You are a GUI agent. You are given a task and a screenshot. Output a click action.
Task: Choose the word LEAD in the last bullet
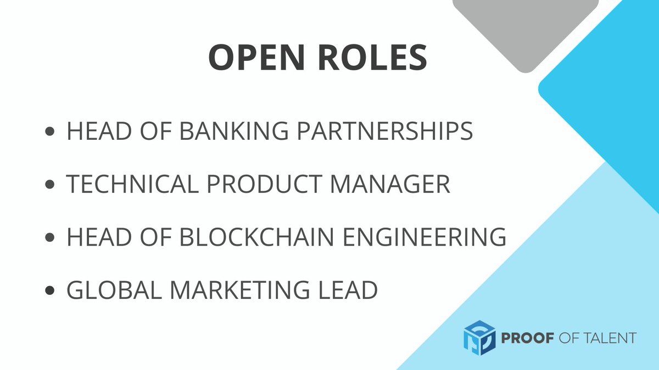pos(348,289)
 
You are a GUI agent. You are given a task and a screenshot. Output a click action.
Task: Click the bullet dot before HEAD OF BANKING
pos(51,132)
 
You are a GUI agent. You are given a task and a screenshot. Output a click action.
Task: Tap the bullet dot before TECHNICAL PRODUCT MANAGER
pos(51,185)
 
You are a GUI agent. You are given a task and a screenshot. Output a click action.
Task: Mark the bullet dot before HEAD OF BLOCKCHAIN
pos(51,237)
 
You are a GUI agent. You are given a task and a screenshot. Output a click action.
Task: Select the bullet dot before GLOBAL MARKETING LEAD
pos(51,290)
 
